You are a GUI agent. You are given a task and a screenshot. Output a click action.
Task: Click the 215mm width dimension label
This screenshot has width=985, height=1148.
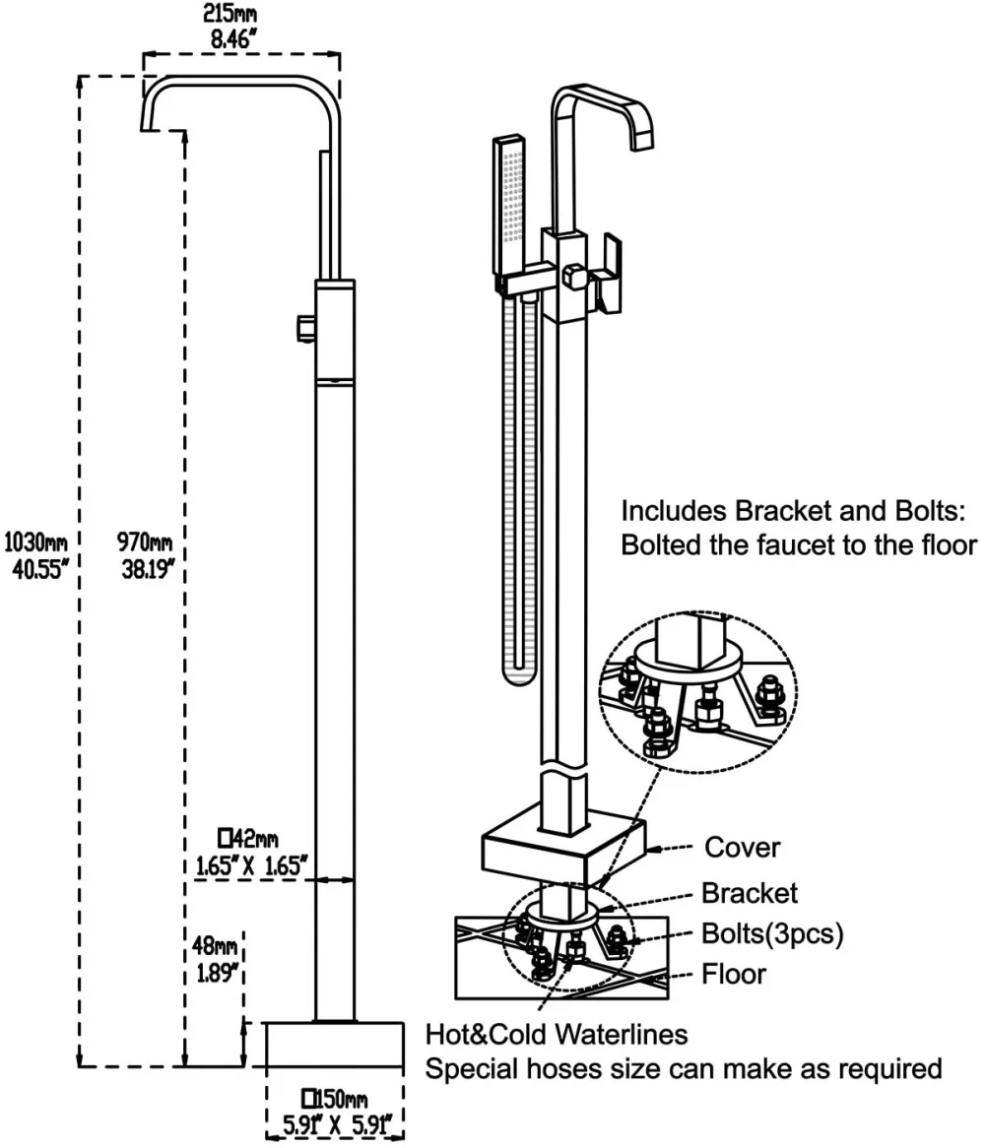(x=230, y=14)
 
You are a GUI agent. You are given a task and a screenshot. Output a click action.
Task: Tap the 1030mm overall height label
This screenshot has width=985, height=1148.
(x=35, y=543)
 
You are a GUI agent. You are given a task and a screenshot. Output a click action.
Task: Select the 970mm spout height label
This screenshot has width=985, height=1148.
(x=145, y=542)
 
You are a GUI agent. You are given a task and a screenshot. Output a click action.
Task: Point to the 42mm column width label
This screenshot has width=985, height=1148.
(x=248, y=838)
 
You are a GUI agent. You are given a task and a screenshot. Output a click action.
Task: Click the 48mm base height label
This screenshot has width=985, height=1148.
(x=215, y=945)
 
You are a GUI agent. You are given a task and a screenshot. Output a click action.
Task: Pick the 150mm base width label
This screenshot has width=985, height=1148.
(x=335, y=1098)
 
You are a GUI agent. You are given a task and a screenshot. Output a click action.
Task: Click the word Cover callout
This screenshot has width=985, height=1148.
(x=742, y=847)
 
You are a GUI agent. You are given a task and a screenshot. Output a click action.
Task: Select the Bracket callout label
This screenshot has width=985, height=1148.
(x=750, y=893)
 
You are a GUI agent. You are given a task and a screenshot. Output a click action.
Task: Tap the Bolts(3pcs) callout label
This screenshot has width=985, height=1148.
(x=772, y=933)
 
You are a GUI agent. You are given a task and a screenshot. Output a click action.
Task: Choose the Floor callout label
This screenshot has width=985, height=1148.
(x=734, y=974)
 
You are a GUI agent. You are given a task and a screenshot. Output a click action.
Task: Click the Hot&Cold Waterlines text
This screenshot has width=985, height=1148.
(x=557, y=1035)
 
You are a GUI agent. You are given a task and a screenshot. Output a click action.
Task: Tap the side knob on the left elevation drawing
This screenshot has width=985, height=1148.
(x=305, y=328)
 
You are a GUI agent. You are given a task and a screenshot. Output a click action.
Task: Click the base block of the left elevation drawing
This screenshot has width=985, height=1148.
(x=334, y=1045)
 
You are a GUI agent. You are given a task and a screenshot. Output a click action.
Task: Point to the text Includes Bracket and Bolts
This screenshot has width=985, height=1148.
(x=793, y=510)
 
